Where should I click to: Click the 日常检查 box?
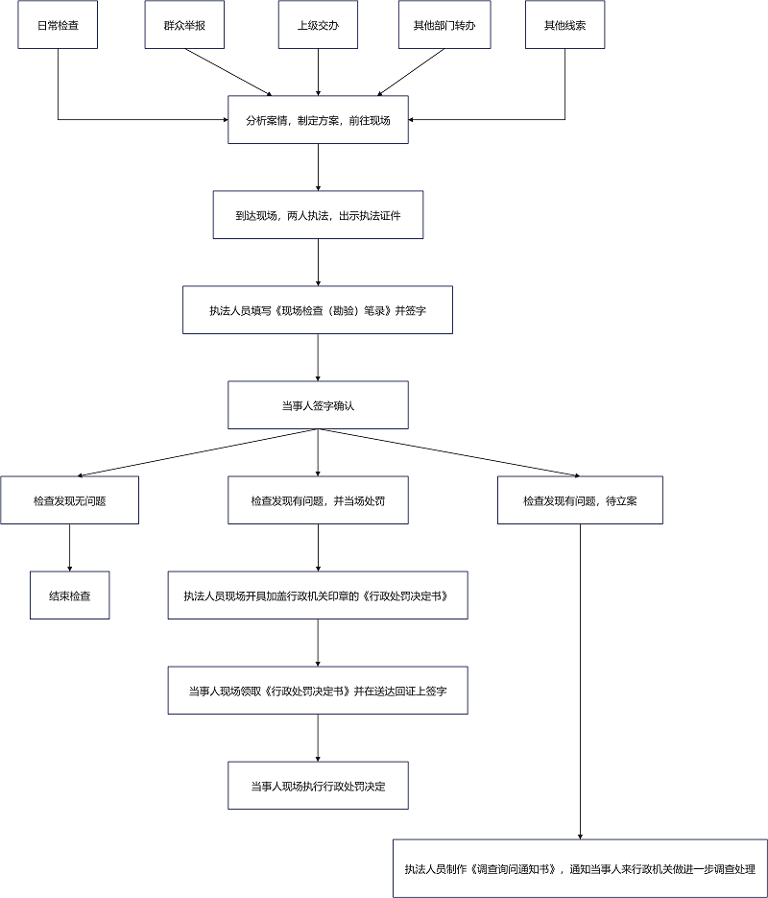pos(58,25)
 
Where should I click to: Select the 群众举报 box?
pos(184,25)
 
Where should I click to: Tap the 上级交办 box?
pos(318,25)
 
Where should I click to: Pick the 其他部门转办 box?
pos(444,25)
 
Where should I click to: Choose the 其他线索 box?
pos(565,25)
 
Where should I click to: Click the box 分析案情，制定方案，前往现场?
pos(318,120)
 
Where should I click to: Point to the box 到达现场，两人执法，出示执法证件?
pos(318,215)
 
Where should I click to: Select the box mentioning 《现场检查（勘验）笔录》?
pos(318,310)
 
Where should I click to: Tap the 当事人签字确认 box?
pos(318,405)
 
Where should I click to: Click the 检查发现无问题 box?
pos(70,500)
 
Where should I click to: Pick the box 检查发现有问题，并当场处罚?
pos(318,500)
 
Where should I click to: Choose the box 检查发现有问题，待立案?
pos(580,500)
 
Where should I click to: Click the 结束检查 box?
pos(70,595)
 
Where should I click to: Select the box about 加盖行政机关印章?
pos(318,595)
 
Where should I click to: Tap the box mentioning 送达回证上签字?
pos(318,691)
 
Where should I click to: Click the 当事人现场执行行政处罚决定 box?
pos(318,786)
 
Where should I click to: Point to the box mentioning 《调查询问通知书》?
pos(580,868)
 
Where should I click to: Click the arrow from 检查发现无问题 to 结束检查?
pos(70,547)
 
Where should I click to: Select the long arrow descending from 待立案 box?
pos(580,682)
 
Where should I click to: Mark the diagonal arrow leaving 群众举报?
pos(228,72)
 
